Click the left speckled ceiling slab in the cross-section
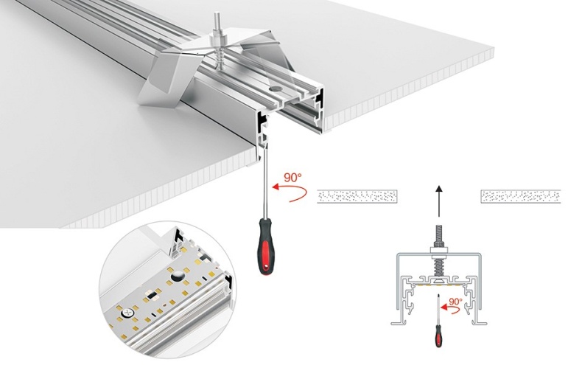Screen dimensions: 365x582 [x=357, y=196]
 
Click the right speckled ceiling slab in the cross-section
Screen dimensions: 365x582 [x=520, y=196]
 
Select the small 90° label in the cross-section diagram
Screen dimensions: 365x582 [x=455, y=302]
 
